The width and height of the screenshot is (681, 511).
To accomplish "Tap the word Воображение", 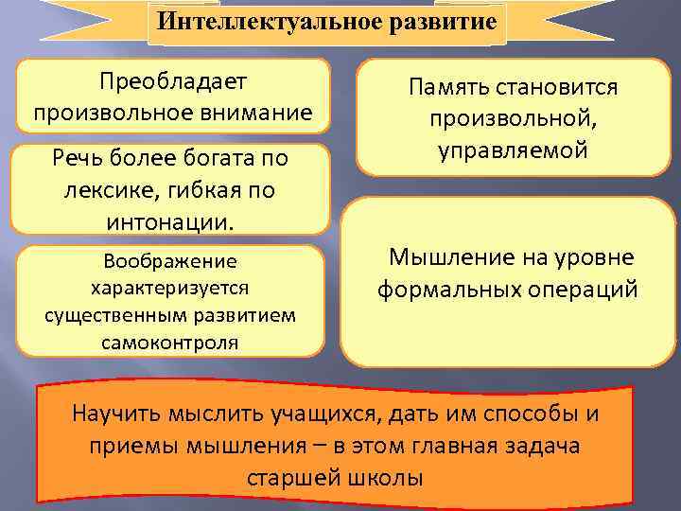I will point(171,261).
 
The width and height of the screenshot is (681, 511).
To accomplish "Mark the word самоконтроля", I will point(170,341).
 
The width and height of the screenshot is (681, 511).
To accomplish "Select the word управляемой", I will point(514,150).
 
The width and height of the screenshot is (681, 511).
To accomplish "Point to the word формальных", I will point(448,289).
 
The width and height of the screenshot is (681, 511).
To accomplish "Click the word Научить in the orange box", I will point(122,414).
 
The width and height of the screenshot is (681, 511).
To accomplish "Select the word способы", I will point(526,414).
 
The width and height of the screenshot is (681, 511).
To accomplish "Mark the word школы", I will point(390,477).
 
